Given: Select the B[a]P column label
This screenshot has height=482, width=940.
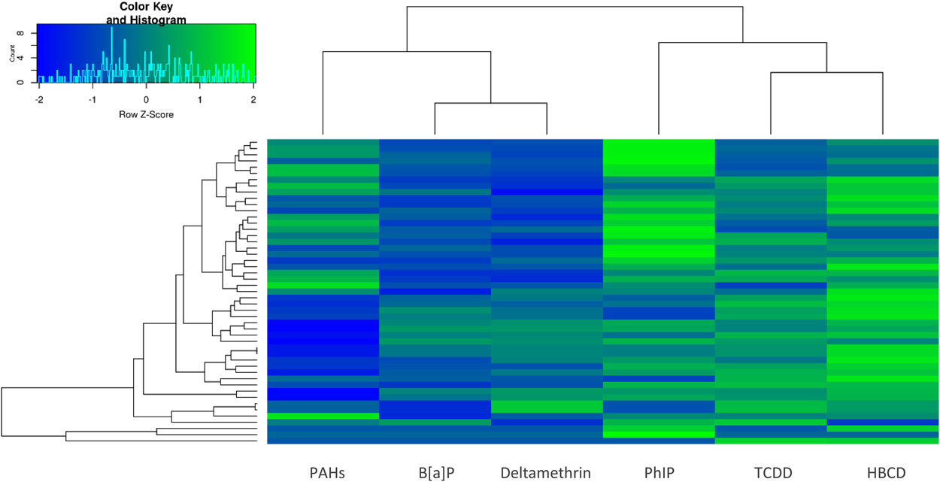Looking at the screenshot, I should pyautogui.click(x=436, y=473).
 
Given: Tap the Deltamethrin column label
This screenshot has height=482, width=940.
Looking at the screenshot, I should pyautogui.click(x=545, y=473).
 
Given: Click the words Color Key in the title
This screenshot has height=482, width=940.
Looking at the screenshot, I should pyautogui.click(x=146, y=7).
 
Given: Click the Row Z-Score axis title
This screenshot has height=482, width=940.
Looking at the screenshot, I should pyautogui.click(x=146, y=115).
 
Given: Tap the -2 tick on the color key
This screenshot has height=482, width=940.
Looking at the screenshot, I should pyautogui.click(x=38, y=99).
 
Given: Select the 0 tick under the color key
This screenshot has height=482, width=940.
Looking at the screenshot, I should pyautogui.click(x=146, y=99).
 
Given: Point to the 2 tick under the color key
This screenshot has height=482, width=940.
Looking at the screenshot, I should pyautogui.click(x=253, y=99).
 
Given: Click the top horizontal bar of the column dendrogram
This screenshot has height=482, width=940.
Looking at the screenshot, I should pyautogui.click(x=575, y=7).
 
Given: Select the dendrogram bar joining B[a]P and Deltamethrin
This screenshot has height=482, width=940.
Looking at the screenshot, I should pyautogui.click(x=490, y=104).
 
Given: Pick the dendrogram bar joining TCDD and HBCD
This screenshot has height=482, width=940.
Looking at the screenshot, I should pyautogui.click(x=826, y=72).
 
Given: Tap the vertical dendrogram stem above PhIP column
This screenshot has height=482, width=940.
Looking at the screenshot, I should pyautogui.click(x=659, y=90).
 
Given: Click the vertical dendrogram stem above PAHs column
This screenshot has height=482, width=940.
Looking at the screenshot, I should pyautogui.click(x=323, y=94).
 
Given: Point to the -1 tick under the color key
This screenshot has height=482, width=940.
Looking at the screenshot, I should pyautogui.click(x=92, y=99).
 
